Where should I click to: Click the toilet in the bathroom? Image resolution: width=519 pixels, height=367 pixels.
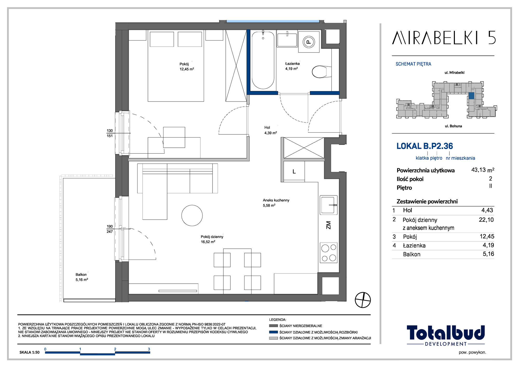coord(322,72)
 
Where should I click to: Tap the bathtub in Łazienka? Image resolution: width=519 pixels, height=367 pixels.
coord(263,60)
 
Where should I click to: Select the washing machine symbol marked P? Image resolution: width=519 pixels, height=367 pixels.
coord(309,42)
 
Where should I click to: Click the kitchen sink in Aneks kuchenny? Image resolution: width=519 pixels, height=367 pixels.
coord(329,205)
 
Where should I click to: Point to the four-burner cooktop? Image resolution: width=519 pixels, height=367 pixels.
coord(329,253)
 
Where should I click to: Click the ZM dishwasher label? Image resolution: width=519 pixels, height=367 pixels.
coord(329,225)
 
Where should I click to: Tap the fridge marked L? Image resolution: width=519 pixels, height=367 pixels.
coord(294,171)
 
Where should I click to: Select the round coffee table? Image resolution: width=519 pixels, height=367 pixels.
coord(192,215)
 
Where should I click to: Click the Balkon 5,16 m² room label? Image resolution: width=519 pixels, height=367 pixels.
coord(82,277)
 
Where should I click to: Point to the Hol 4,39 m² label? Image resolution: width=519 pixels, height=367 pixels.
coord(270,130)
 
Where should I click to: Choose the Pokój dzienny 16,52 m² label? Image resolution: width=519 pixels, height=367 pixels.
coord(212,239)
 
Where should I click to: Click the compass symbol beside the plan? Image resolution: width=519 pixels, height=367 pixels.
coord(363,300)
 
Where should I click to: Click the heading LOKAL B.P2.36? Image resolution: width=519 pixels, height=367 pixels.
coord(425,146)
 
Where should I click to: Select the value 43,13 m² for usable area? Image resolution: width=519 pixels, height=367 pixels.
coord(483,170)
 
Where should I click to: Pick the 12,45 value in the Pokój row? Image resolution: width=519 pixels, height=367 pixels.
coord(487,236)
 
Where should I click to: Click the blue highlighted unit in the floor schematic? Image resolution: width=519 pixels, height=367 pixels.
coord(471,96)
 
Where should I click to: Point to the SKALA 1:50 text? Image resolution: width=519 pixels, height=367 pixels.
coord(30,352)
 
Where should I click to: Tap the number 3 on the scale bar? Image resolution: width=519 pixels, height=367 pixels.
coord(149,349)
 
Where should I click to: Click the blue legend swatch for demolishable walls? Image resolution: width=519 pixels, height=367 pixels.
coord(274,332)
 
